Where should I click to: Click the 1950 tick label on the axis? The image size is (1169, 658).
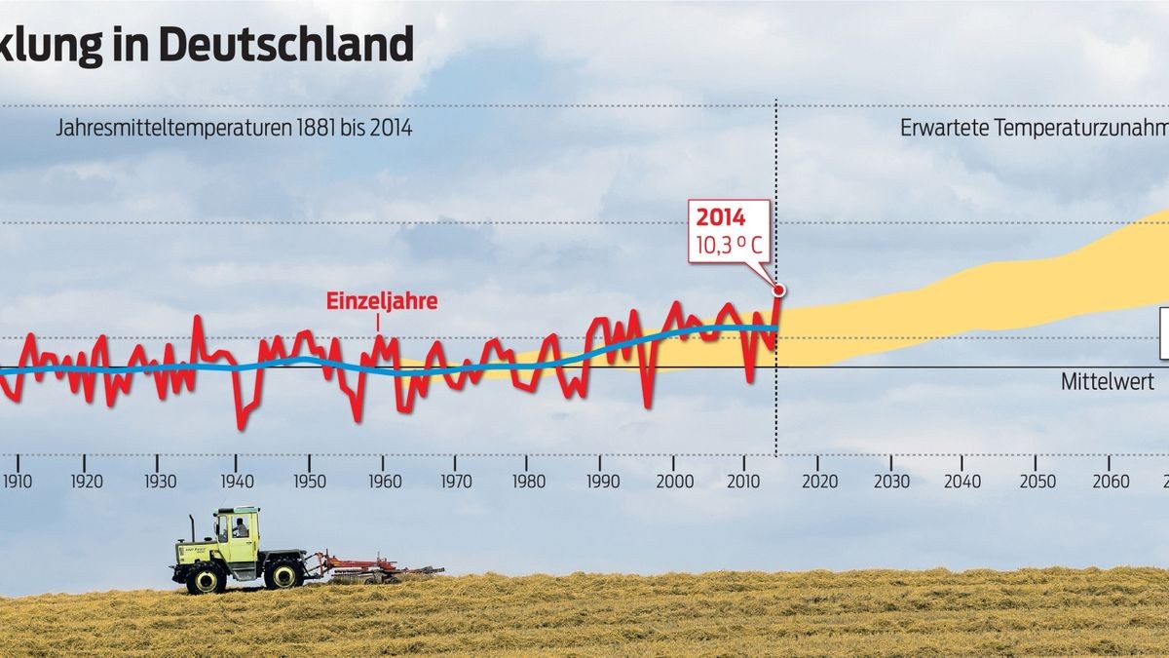[310, 482]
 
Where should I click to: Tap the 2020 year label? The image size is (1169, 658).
[817, 482]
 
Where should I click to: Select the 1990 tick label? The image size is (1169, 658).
[602, 482]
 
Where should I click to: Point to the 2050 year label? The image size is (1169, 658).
[1037, 482]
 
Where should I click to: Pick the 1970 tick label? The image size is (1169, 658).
[455, 482]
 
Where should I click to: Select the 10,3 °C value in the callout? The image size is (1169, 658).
[729, 243]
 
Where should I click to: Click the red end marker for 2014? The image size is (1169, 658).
[778, 290]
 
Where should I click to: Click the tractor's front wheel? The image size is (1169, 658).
[283, 574]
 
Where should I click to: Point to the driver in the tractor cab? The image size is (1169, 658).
[240, 529]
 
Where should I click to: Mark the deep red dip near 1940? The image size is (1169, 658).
[241, 427]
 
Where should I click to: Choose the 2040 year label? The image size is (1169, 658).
[962, 482]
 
